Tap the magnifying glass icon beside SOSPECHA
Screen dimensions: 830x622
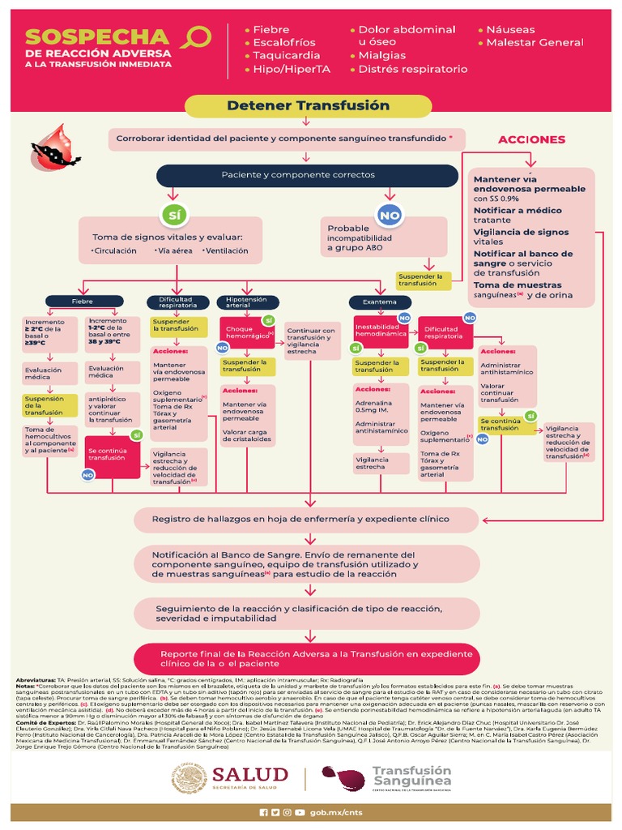point(197,37)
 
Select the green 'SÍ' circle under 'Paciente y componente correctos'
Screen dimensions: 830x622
point(171,215)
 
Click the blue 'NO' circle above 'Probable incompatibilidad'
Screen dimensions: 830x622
point(390,215)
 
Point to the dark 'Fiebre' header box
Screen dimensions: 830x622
point(83,301)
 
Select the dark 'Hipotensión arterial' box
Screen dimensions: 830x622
point(241,302)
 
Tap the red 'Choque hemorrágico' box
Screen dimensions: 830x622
point(246,332)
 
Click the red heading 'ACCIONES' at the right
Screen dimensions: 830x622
point(531,139)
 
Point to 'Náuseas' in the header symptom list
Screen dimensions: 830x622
point(510,29)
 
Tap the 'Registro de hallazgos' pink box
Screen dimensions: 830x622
point(308,518)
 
